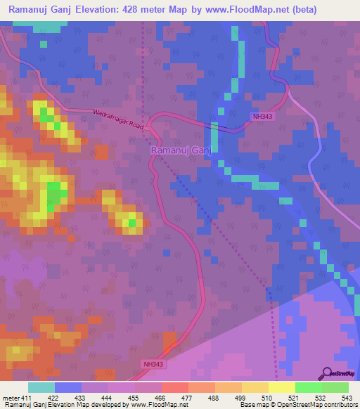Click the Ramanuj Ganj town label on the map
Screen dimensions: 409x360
click(181, 150)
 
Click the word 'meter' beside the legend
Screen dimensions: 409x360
click(9, 397)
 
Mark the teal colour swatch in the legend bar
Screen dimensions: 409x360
click(41, 387)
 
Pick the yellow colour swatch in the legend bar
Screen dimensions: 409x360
click(281, 387)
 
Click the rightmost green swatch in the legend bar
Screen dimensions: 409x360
click(335, 387)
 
